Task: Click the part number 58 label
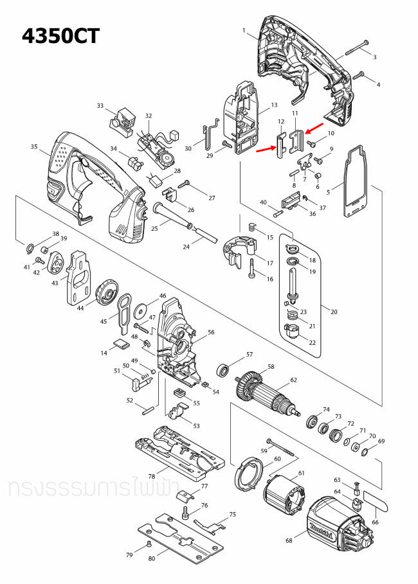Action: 271,367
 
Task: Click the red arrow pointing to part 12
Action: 265,150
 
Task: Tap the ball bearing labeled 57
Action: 224,370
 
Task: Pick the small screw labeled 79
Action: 149,543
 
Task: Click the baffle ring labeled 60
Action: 248,475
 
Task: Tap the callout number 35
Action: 34,147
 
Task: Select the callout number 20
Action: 333,312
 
